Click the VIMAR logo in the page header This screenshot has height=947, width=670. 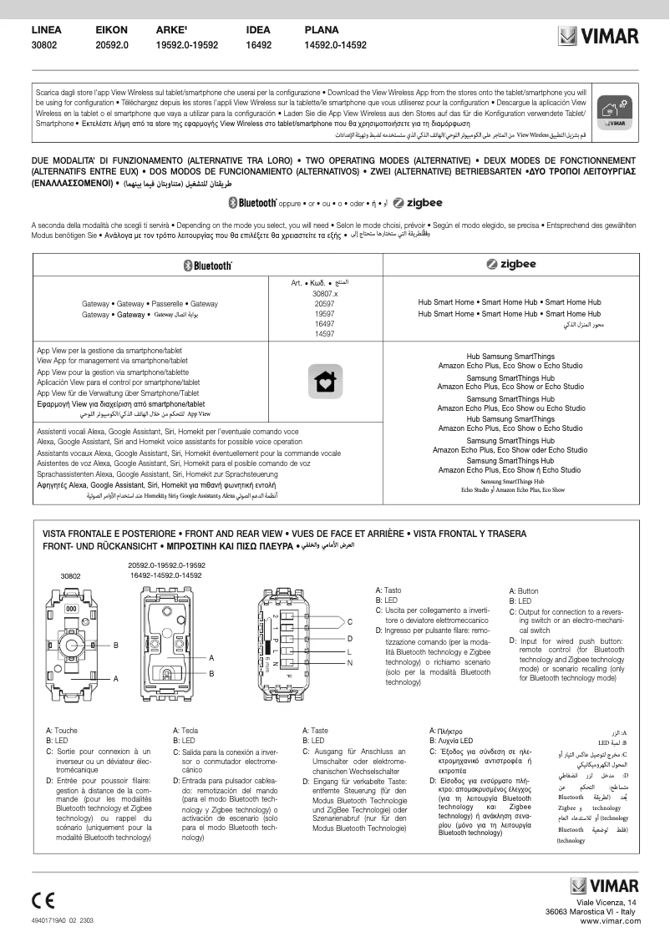tap(598, 36)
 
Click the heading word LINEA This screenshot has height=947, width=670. tap(47, 30)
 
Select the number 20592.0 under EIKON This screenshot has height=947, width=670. tap(113, 45)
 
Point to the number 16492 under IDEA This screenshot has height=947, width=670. tap(259, 45)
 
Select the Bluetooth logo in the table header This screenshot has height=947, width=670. tap(207, 265)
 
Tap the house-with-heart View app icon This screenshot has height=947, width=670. tap(324, 381)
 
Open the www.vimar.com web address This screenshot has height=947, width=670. tap(609, 920)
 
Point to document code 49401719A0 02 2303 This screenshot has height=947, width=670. tap(63, 919)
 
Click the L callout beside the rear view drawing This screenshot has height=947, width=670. tap(349, 651)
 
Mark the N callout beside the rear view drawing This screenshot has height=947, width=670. tap(349, 663)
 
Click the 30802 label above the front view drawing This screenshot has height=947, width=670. tap(70, 576)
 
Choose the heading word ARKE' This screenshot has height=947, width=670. tap(171, 30)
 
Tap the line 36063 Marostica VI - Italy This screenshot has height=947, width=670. tap(591, 912)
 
